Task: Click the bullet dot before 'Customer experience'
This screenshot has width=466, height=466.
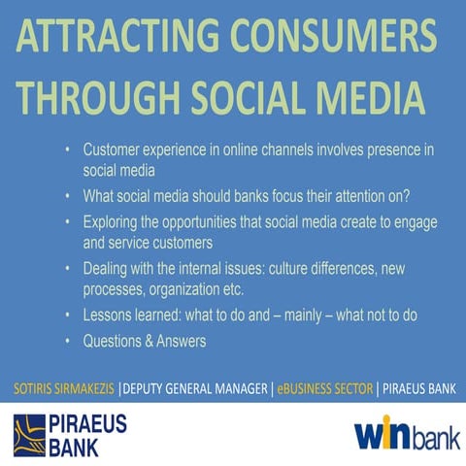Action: [x=67, y=150]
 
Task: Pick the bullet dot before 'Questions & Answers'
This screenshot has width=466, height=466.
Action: [x=67, y=341]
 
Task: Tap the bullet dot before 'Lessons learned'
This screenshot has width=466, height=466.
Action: [x=67, y=316]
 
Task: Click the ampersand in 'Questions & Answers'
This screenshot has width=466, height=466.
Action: [x=147, y=341]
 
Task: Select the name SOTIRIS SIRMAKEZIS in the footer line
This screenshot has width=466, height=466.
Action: [x=59, y=388]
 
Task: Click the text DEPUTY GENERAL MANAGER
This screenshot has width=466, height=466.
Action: [x=184, y=388]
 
